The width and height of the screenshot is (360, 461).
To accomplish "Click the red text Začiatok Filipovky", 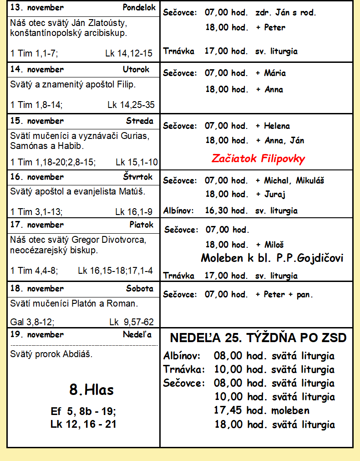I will tap(258, 159).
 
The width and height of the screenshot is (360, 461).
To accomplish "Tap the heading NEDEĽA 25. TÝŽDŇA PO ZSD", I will tap(258, 338).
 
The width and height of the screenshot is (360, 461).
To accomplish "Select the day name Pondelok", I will tap(139, 8).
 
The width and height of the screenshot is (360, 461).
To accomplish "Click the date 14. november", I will tap(37, 70).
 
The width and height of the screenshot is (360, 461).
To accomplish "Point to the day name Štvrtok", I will tap(137, 177).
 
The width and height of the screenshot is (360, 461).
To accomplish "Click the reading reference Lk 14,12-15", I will tap(129, 53).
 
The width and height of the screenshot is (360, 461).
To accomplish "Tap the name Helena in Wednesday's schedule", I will tap(277, 126).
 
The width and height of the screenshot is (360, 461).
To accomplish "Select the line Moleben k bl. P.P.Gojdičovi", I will tap(272, 259).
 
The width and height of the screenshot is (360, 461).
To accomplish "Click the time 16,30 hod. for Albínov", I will tap(226, 210).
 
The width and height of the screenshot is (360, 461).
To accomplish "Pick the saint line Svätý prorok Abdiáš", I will tap(51, 353).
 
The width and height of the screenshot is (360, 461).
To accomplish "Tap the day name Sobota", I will tap(140, 289).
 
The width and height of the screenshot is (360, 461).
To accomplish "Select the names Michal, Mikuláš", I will tap(294, 180).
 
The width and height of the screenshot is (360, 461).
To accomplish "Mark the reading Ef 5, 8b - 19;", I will tap(83, 412).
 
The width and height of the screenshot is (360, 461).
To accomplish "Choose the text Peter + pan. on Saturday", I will tap(288, 294).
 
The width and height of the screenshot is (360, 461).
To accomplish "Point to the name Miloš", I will tap(274, 245).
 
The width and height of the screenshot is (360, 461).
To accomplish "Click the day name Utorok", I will tap(136, 70).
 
